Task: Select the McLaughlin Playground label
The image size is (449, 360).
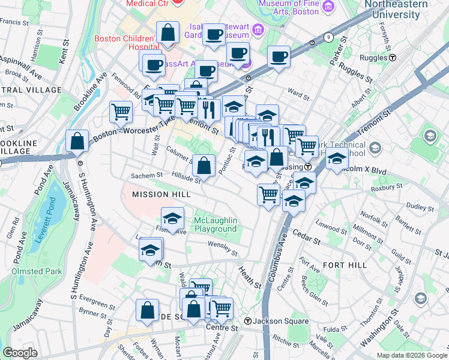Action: click(215, 224)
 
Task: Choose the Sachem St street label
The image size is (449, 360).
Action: click(147, 175)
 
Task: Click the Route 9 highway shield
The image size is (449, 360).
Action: click(328, 37)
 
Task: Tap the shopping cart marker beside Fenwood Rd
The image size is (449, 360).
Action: click(121, 111)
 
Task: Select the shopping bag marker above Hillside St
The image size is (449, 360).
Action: click(204, 164)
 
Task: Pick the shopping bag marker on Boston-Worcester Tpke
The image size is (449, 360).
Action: click(77, 141)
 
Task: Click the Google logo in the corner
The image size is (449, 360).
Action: click(20, 353)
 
